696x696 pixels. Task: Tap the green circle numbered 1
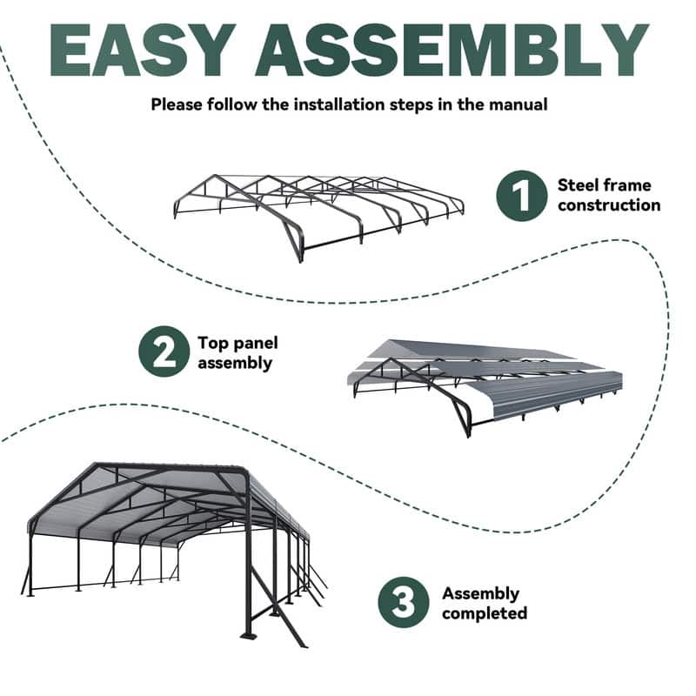[521, 196]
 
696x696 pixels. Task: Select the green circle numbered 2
[164, 351]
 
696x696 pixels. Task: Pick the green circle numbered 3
[404, 602]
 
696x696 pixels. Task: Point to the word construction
[609, 205]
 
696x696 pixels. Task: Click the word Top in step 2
[214, 342]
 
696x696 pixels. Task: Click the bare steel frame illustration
[318, 213]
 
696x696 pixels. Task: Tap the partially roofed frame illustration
[487, 383]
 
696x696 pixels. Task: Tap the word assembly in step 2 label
[235, 363]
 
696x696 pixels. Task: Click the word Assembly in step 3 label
[480, 593]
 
